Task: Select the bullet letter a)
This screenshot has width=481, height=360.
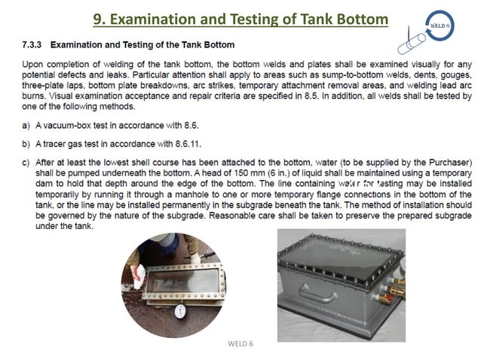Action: click(x=26, y=124)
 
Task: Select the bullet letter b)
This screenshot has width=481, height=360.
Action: click(x=26, y=143)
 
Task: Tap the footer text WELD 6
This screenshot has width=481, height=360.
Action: click(x=240, y=343)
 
